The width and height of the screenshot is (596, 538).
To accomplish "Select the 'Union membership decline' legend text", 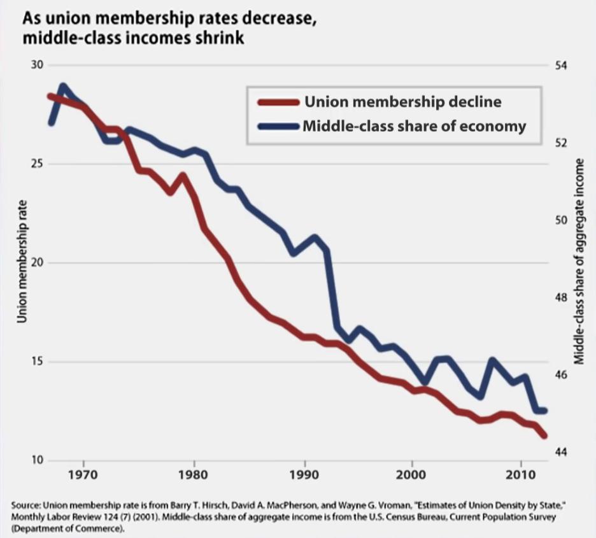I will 402,102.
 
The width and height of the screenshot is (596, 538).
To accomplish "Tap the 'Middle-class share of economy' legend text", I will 415,125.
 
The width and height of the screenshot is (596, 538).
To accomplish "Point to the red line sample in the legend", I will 277,103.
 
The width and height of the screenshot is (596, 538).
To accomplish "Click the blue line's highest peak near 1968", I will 62,86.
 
